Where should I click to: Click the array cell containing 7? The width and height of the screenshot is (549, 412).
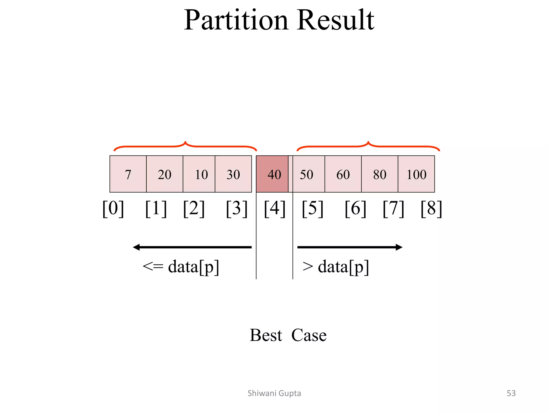128,174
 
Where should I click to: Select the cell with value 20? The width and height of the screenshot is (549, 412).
165,174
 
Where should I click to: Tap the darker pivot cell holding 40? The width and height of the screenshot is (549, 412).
272,174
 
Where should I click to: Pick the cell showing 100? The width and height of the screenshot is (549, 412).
416,174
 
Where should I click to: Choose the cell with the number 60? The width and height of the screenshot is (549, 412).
343,174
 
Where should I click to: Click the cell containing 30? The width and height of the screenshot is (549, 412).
233,174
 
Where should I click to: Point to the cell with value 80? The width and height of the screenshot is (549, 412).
380,174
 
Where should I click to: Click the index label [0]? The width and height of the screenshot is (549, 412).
113,209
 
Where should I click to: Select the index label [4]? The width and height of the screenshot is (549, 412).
275,209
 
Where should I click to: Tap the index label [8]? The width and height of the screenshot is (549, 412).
431,209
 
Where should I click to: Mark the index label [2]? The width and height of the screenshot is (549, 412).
194,209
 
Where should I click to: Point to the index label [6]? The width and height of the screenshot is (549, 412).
355,209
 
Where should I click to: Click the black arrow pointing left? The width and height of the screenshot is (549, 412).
192,247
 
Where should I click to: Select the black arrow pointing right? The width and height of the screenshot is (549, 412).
350,247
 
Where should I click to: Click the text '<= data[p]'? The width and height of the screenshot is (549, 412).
181,267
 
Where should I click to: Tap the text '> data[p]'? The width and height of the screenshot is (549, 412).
336,267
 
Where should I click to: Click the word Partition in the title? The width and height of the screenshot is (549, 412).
236,20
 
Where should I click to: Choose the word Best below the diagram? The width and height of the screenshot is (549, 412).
266,335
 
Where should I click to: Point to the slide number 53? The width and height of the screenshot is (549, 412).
511,393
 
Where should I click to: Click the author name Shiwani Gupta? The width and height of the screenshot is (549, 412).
274,393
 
